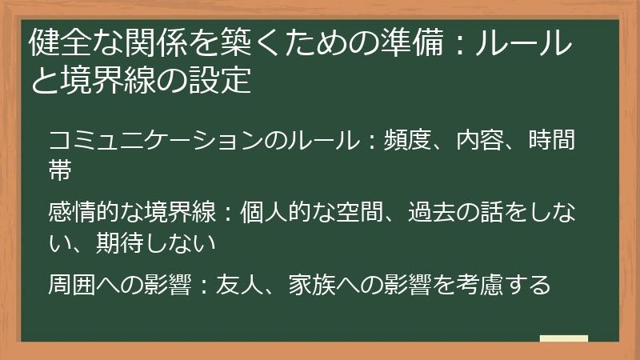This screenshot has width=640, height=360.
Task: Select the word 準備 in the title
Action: click(423, 45)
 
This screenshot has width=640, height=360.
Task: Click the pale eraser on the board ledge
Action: click(564, 338)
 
